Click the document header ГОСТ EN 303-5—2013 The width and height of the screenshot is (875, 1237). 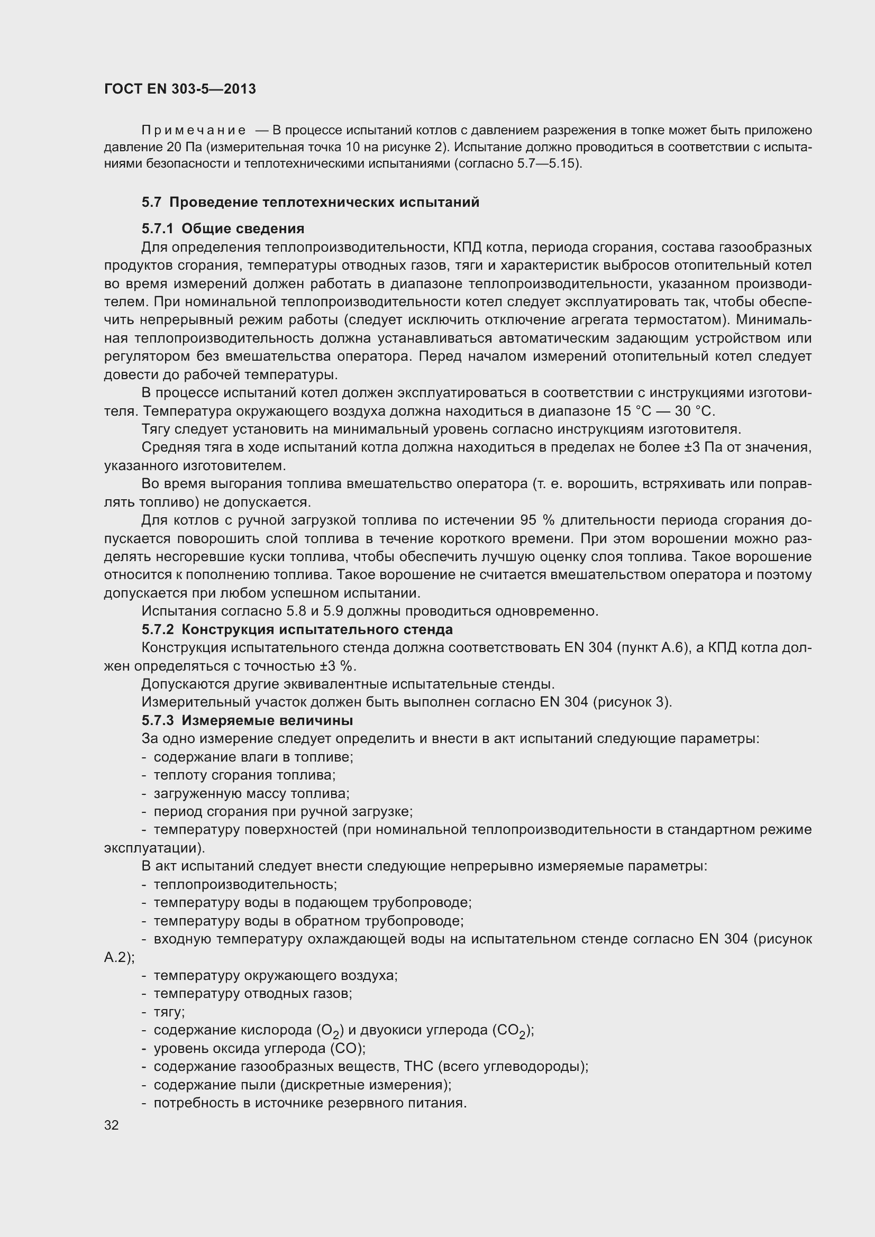pos(180,89)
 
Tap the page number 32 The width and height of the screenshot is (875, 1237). pos(112,1125)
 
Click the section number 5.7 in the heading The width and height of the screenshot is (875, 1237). pos(151,203)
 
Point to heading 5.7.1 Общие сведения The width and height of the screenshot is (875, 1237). pos(223,229)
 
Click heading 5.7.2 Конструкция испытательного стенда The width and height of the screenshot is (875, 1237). pos(297,629)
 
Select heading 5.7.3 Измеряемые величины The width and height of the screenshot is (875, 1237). pos(247,720)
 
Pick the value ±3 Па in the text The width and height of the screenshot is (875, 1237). pos(703,448)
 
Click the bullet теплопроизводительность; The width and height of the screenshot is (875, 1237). pos(245,885)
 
